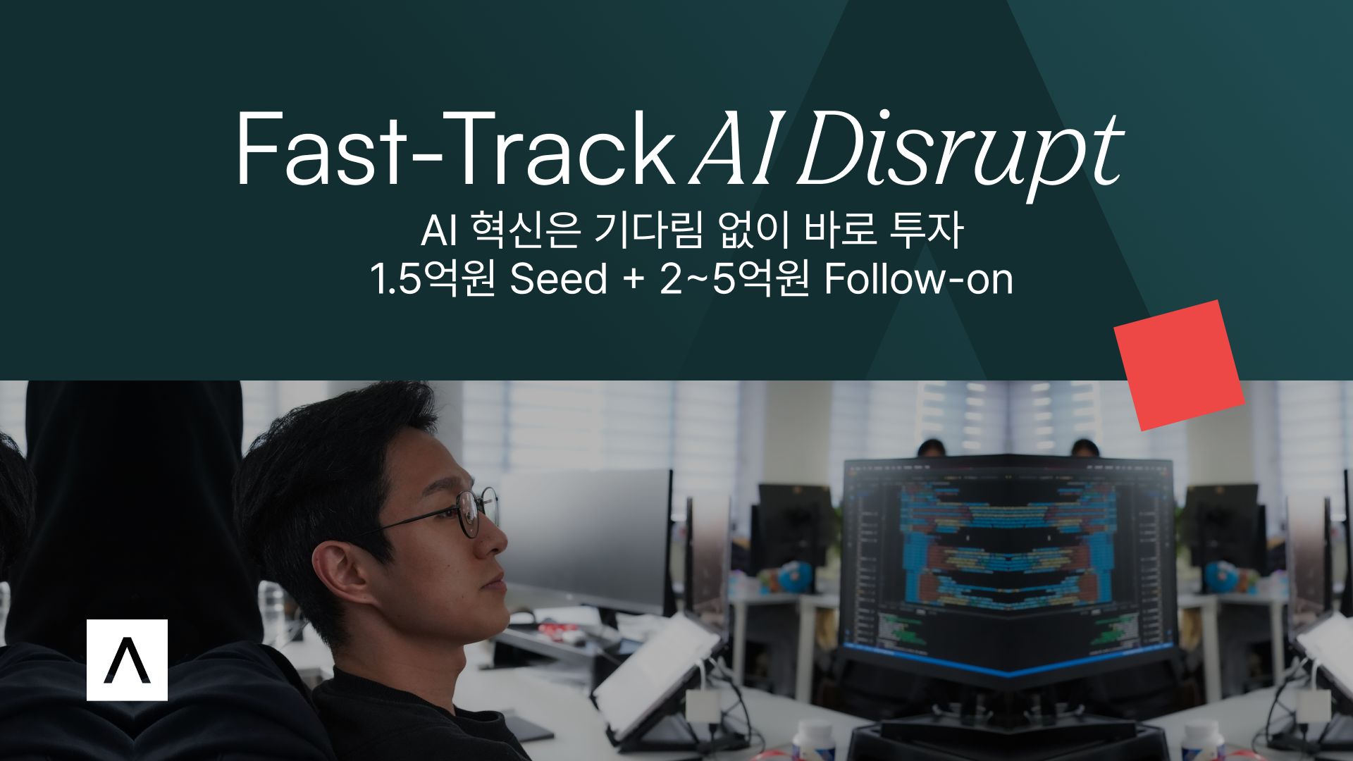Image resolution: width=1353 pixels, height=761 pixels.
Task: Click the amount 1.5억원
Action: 433,280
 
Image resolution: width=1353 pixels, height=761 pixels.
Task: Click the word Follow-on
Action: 919,280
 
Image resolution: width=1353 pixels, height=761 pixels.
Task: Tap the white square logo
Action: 127,660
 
